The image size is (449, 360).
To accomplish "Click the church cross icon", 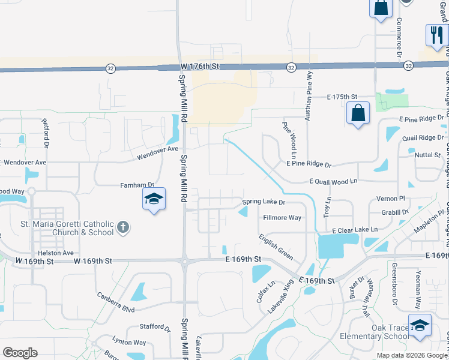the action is (123, 227).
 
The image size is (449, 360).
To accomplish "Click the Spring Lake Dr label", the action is (263, 202).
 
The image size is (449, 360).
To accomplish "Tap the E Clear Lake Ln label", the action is (355, 230).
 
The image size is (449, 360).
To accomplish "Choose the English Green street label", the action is (276, 247).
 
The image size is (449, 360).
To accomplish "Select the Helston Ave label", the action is (56, 253).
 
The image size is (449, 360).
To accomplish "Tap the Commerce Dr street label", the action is (399, 37).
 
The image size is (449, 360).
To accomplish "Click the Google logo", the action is (20, 352).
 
